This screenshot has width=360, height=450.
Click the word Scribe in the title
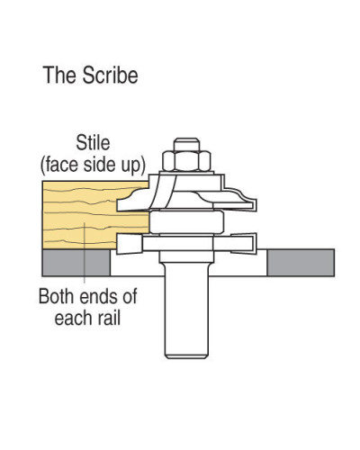[x=111, y=75]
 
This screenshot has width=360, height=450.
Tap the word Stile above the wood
[x=93, y=143]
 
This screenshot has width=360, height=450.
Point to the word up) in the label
[x=132, y=166]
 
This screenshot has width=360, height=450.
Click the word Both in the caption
[x=56, y=296]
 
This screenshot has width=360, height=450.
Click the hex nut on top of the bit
[x=186, y=161]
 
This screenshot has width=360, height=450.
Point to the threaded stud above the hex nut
[x=186, y=144]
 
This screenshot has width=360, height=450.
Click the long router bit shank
[x=186, y=309]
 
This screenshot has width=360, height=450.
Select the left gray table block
[x=76, y=263]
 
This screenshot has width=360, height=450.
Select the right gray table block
[x=301, y=263]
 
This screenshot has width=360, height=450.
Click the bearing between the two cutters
[x=186, y=222]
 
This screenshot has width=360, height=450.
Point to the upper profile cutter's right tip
[x=256, y=204]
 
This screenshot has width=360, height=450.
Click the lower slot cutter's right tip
[x=255, y=243]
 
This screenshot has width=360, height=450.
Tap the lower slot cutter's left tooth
[x=129, y=244]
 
